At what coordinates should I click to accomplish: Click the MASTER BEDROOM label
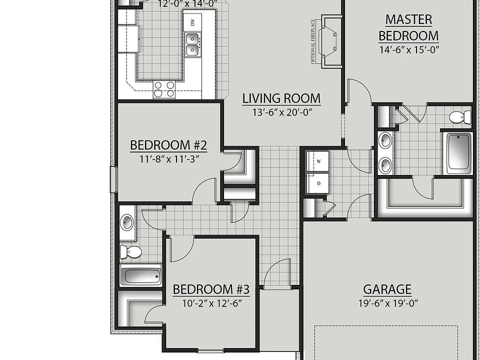point(408,27)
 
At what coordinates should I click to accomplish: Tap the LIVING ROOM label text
point(281,98)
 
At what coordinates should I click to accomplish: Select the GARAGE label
point(387,289)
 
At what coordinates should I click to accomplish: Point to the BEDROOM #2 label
point(168,145)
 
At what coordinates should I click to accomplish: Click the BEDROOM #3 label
point(211,289)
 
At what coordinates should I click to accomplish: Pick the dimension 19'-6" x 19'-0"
point(387,303)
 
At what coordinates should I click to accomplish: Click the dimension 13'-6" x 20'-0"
point(281,112)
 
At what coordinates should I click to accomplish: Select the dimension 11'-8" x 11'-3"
point(168,159)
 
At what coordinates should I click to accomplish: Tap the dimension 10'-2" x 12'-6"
point(211,303)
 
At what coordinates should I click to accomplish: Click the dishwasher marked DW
point(192,22)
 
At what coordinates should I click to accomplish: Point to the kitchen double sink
point(192,44)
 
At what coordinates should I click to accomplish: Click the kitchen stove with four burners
point(164,89)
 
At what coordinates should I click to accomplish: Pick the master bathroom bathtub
point(458,153)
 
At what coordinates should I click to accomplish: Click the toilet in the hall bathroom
point(130,251)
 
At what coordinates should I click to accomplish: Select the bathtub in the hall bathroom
point(141,275)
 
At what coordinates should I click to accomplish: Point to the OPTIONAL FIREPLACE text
point(313,41)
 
